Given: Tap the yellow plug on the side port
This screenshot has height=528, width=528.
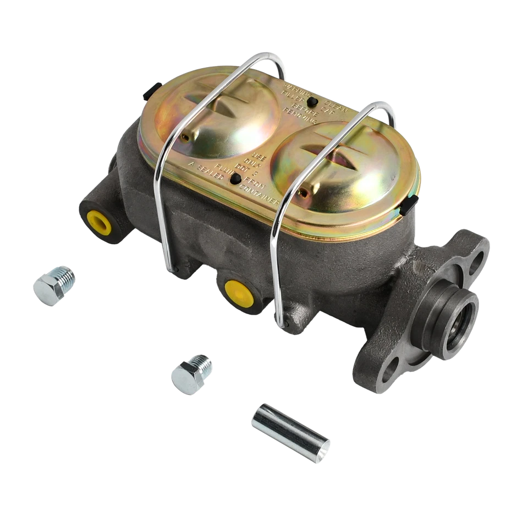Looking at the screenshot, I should point(239,293).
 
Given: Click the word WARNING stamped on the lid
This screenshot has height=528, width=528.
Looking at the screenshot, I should point(294,88).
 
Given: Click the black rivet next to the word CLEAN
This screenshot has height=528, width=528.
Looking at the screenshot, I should point(312,102).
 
